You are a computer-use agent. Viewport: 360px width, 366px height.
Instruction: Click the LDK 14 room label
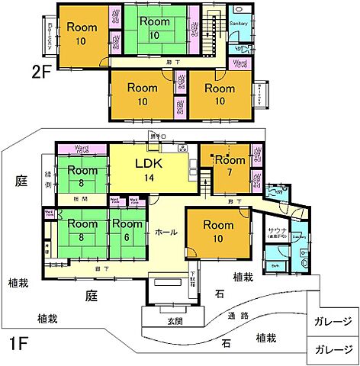pyautogui.click(x=148, y=169)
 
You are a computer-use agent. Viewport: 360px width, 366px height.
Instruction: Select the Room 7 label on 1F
pyautogui.click(x=228, y=166)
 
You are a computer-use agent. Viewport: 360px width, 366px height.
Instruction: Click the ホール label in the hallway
pyautogui.click(x=168, y=231)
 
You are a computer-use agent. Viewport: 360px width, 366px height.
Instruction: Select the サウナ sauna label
pyautogui.click(x=276, y=230)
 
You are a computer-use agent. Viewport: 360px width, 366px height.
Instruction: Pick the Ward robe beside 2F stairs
pyautogui.click(x=239, y=63)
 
